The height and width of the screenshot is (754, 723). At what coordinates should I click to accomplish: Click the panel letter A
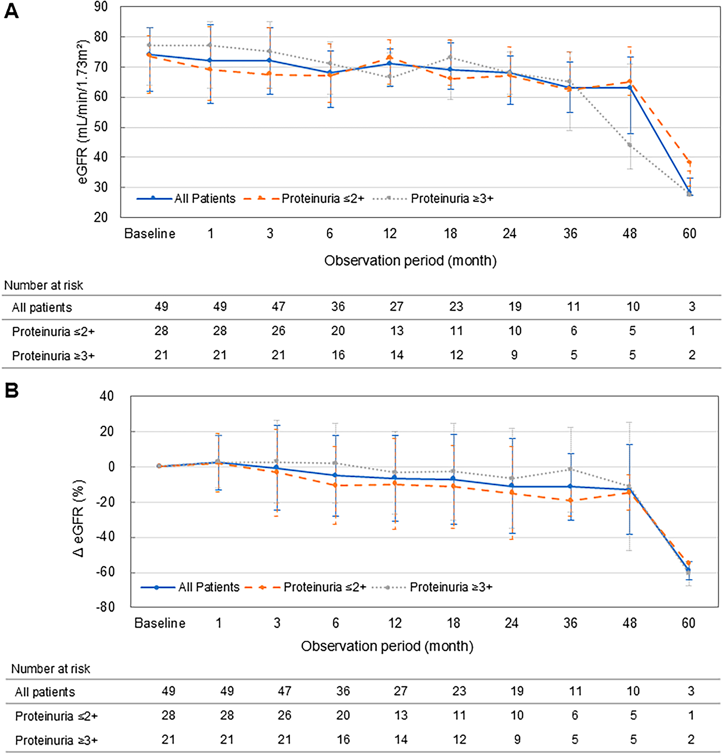click(11, 11)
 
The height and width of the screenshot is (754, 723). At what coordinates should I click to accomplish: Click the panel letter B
click(11, 390)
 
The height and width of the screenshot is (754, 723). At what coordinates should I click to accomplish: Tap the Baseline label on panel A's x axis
click(149, 234)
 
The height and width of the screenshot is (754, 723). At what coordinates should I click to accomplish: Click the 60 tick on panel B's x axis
click(688, 623)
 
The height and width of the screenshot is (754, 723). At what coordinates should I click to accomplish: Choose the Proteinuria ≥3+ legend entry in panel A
click(452, 198)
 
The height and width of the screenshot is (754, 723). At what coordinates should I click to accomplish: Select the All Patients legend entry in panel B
click(208, 587)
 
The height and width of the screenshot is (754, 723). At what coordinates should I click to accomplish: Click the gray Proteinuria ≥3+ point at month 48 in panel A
click(629, 145)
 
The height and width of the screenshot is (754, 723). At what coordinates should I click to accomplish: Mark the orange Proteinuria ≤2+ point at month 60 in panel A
click(689, 162)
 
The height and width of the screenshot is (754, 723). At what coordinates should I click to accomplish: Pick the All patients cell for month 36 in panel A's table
click(573, 307)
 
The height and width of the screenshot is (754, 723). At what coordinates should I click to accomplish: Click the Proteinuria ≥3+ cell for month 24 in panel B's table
click(517, 740)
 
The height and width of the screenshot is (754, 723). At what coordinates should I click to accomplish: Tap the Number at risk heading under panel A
click(43, 285)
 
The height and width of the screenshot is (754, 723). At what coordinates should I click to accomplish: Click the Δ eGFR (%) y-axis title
click(79, 518)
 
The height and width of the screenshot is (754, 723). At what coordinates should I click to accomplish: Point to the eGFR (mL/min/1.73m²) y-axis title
click(83, 112)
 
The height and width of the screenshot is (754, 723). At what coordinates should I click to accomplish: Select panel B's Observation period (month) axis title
click(387, 646)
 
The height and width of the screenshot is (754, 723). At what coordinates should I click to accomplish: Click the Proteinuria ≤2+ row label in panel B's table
click(56, 716)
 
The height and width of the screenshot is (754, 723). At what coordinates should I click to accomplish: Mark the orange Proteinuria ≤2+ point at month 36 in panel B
click(570, 501)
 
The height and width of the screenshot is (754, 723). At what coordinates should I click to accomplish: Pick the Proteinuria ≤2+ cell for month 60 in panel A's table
click(692, 331)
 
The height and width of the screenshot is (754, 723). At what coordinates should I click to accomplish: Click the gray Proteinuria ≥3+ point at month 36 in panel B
click(570, 469)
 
